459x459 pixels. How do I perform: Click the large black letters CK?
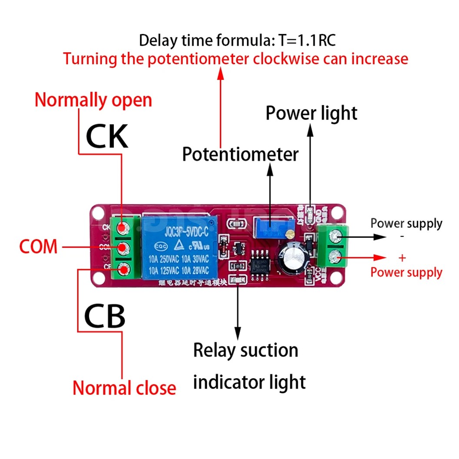pyautogui.click(x=107, y=136)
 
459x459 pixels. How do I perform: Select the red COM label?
pyautogui.click(x=38, y=247)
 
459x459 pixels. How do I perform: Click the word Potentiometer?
pyautogui.click(x=240, y=154)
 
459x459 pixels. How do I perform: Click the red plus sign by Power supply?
pyautogui.click(x=402, y=258)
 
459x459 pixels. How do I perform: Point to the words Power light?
pyautogui.click(x=311, y=113)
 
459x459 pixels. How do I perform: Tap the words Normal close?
pyautogui.click(x=124, y=388)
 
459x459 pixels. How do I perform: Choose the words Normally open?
pyautogui.click(x=93, y=100)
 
